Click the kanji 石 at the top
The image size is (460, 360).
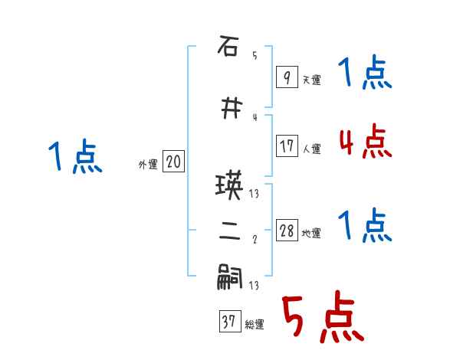tap(227, 48)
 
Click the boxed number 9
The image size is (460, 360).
tap(286, 77)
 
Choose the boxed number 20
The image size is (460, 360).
tap(173, 162)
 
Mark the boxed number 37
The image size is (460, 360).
tap(229, 322)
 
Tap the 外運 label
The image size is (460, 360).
tap(148, 164)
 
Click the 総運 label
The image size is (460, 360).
tap(255, 325)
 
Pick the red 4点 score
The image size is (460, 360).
tap(365, 142)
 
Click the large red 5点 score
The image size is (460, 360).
tap(321, 319)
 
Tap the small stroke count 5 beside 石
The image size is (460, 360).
tap(255, 55)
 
